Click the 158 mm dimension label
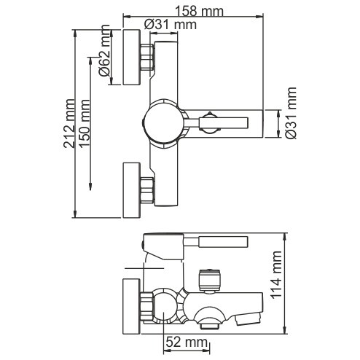[x=199, y=11]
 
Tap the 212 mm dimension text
[x=69, y=123]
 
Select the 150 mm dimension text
[x=85, y=123]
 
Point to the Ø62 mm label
[x=104, y=50]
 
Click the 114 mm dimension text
[x=276, y=275]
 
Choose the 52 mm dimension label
[x=187, y=343]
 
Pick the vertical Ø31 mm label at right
[x=291, y=113]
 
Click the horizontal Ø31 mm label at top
[x=171, y=25]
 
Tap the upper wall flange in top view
[x=132, y=58]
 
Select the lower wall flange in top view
[x=132, y=190]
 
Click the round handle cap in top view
[x=163, y=123]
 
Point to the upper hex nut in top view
[x=147, y=58]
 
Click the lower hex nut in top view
[x=147, y=190]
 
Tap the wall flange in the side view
[x=131, y=306]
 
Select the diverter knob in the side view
[x=209, y=280]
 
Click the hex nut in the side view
[x=146, y=306]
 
